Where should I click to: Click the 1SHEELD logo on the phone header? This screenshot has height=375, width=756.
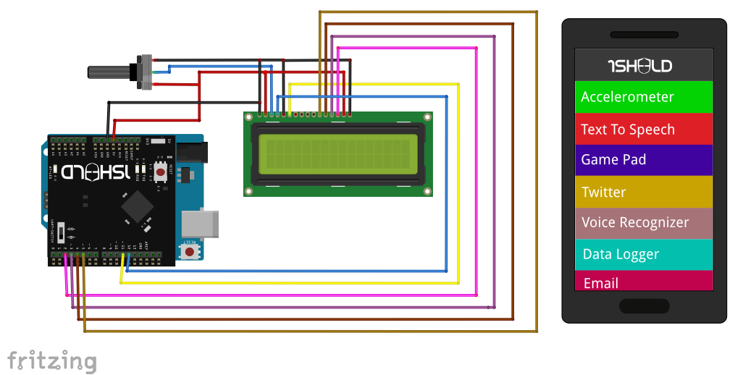(639, 67)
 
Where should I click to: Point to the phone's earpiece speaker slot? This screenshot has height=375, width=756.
(644, 35)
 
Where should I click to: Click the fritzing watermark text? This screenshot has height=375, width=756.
(51, 360)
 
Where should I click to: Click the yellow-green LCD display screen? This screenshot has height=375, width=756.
(337, 153)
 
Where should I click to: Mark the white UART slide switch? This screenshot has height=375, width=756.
(64, 232)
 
